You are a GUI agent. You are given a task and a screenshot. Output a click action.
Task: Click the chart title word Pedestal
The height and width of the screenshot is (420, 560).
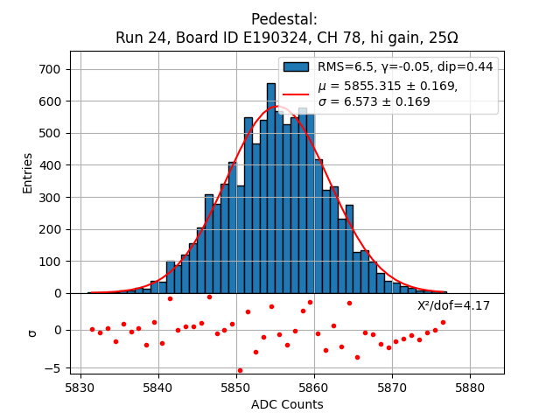(283, 19)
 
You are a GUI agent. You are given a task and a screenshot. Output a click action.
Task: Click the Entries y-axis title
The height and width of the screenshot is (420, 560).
(28, 172)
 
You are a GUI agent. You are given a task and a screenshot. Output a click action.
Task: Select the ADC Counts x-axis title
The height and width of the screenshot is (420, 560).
(287, 404)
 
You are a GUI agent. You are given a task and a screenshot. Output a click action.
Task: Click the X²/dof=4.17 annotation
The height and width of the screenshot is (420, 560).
(453, 305)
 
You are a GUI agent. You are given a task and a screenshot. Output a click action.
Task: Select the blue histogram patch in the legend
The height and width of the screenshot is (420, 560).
(296, 66)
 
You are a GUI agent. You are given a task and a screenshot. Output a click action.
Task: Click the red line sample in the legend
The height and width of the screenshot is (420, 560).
(296, 93)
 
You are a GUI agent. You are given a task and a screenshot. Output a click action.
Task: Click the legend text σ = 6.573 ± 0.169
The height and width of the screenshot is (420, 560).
(374, 101)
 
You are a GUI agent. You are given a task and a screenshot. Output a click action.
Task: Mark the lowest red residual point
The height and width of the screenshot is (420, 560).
(240, 370)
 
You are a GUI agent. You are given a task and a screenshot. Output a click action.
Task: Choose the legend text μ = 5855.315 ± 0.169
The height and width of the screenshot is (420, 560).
(388, 86)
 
